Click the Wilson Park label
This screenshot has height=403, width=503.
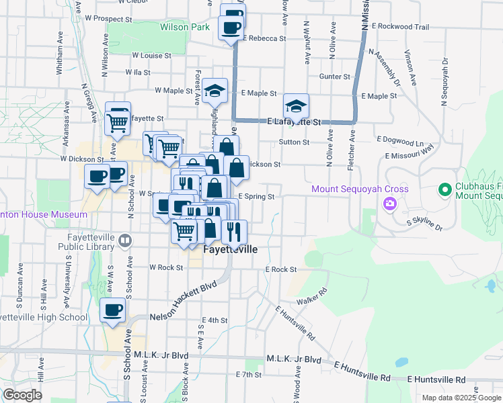click(185, 28)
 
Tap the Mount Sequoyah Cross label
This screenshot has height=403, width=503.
click(360, 189)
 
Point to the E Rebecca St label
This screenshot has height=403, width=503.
click(264, 38)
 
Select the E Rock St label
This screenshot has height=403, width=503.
click(280, 269)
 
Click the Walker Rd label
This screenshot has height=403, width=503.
click(311, 296)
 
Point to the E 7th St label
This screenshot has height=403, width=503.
click(248, 373)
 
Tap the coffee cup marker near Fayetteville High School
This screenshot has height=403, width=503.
click(112, 311)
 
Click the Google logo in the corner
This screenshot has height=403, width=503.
click(22, 395)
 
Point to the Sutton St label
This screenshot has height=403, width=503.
click(295, 142)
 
